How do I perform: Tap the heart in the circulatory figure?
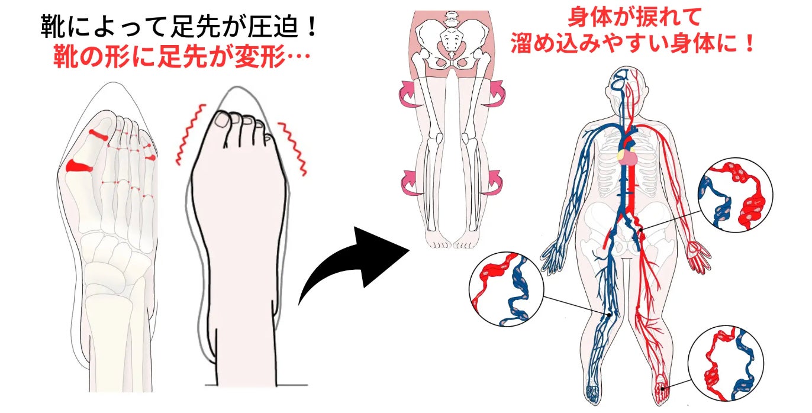pos(627,157)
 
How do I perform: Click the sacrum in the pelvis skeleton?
pos(452,41)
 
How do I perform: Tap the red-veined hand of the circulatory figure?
pos(699,257)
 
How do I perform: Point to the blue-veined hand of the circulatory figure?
pos(553,257)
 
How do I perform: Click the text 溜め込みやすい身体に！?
pos(633,44)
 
